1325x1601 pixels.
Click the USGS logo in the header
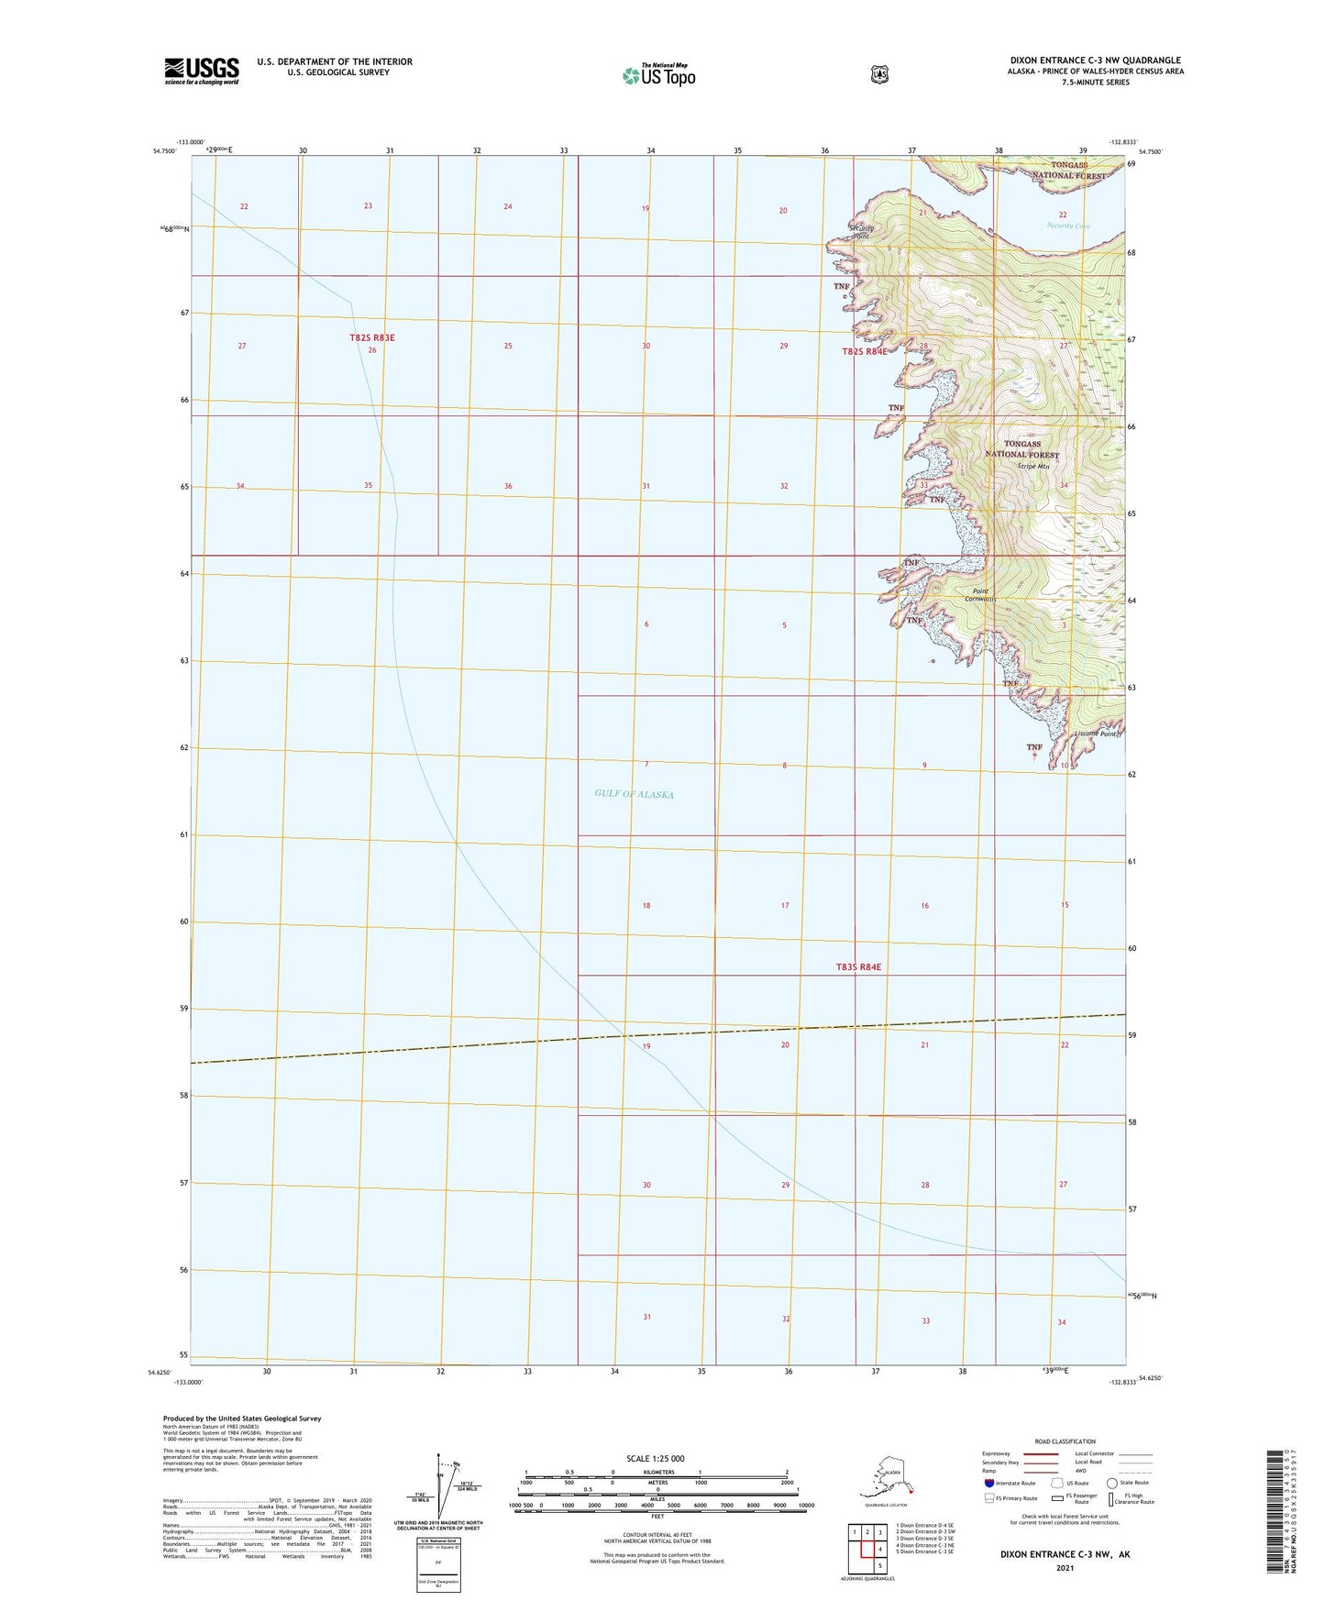[202, 71]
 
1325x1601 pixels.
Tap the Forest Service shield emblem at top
[879, 74]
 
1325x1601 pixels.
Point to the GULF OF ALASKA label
[634, 794]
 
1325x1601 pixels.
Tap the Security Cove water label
[1068, 226]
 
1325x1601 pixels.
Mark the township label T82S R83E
[372, 337]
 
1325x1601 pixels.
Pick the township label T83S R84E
[858, 966]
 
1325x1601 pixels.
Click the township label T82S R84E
[865, 351]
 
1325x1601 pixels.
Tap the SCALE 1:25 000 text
[657, 1458]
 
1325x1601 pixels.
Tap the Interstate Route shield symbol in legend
[988, 1482]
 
